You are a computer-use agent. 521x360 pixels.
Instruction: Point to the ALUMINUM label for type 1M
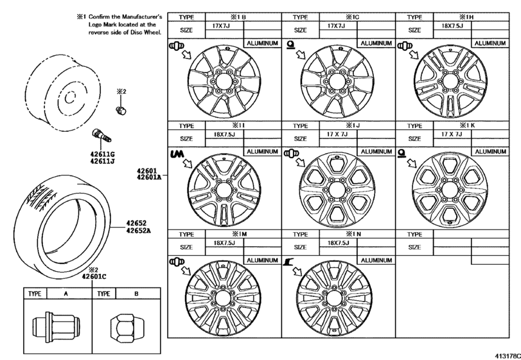point(261,260)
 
